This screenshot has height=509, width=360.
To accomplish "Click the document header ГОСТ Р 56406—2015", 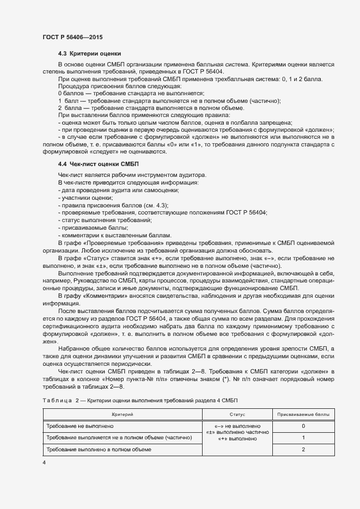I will pyautogui.click(x=72, y=37).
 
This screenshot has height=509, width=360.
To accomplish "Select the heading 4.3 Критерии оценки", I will pyautogui.click(x=89, y=53).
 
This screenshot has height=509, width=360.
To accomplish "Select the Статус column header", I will pyautogui.click(x=237, y=415).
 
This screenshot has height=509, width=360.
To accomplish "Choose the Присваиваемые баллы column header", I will pyautogui.click(x=302, y=415).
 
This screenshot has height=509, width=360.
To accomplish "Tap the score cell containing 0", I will pyautogui.click(x=302, y=426).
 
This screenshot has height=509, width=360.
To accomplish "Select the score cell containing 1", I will pyautogui.click(x=302, y=438).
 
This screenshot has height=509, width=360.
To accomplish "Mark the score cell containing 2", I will pyautogui.click(x=302, y=450).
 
